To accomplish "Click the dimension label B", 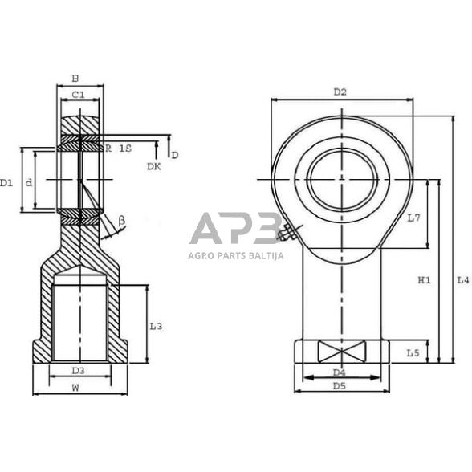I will [75, 79].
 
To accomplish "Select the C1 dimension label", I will [78, 96].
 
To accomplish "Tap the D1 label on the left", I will [7, 183].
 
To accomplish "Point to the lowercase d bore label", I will [29, 183].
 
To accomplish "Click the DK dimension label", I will [153, 166].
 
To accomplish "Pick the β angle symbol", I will [122, 219].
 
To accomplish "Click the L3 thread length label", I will [157, 326].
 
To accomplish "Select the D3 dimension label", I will [78, 371].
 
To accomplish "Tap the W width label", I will [75, 388].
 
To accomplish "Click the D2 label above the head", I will [340, 92].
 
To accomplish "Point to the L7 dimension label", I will [413, 218].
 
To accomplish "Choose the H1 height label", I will [425, 280].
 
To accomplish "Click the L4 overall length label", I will [462, 280].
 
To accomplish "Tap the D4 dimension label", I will [339, 372].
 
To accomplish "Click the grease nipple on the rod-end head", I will [287, 234].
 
